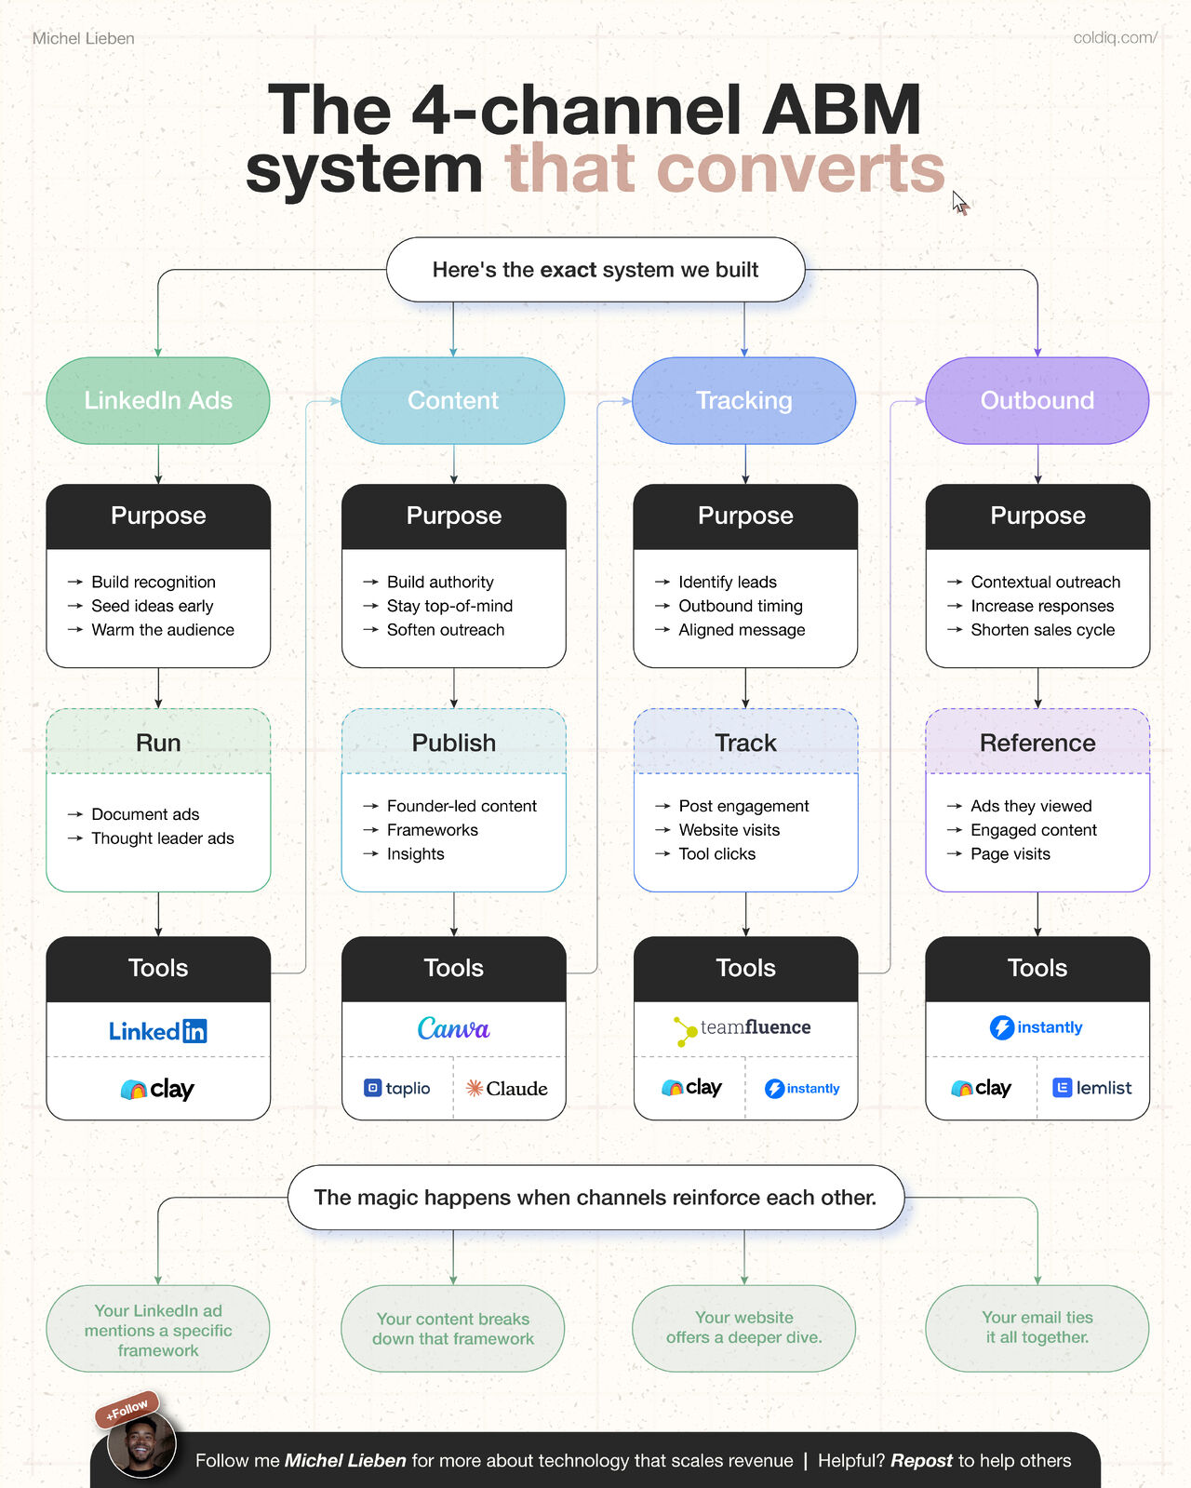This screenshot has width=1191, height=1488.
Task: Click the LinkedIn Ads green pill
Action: click(x=158, y=400)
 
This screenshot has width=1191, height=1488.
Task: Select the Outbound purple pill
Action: click(x=1037, y=400)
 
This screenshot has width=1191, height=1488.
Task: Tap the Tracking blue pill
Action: click(x=743, y=400)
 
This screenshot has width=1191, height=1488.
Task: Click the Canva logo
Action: click(x=453, y=1028)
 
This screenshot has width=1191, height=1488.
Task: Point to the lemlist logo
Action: click(x=1092, y=1088)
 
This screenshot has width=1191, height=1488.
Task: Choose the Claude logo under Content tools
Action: click(x=507, y=1088)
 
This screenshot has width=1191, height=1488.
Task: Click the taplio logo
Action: click(x=397, y=1088)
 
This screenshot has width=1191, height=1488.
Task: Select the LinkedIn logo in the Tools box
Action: click(x=158, y=1031)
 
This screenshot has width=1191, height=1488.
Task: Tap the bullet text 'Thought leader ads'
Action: click(x=162, y=838)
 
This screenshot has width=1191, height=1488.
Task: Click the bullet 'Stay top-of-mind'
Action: click(x=449, y=606)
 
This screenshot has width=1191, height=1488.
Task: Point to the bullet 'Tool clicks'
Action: click(x=716, y=854)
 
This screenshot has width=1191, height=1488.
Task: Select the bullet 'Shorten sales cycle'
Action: click(x=1042, y=630)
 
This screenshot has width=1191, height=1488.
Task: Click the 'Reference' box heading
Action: click(x=1037, y=743)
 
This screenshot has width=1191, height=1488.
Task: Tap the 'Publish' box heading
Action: click(x=453, y=743)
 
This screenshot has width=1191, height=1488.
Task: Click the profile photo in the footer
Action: click(x=141, y=1445)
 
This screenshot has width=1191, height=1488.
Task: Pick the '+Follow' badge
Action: click(x=127, y=1409)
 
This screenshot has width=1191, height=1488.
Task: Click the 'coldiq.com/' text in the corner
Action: click(x=1115, y=38)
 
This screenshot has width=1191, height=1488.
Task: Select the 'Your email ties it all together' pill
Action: click(x=1037, y=1328)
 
